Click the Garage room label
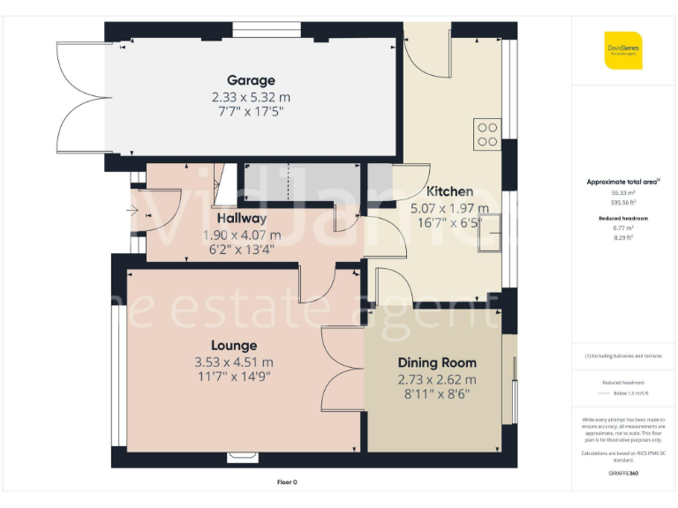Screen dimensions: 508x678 click(x=250, y=80)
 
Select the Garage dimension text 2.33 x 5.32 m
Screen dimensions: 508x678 click(x=250, y=96)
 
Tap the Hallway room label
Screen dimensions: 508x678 click(x=241, y=218)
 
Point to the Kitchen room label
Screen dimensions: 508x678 click(x=449, y=191)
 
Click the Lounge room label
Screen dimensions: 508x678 click(x=233, y=346)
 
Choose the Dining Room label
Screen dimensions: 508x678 click(x=436, y=362)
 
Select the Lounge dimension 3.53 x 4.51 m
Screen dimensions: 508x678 click(x=233, y=362)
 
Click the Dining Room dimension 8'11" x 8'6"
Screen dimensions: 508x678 click(x=436, y=394)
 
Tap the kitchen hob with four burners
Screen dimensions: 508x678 click(x=487, y=134)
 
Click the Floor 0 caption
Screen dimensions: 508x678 click(x=288, y=482)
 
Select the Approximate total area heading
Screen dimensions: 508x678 click(x=623, y=182)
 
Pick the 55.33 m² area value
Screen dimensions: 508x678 click(x=623, y=192)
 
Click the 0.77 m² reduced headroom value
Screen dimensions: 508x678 click(x=623, y=228)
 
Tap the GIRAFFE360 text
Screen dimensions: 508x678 click(x=623, y=474)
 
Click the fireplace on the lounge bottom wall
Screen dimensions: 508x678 click(x=241, y=457)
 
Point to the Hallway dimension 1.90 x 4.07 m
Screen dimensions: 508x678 click(x=241, y=235)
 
